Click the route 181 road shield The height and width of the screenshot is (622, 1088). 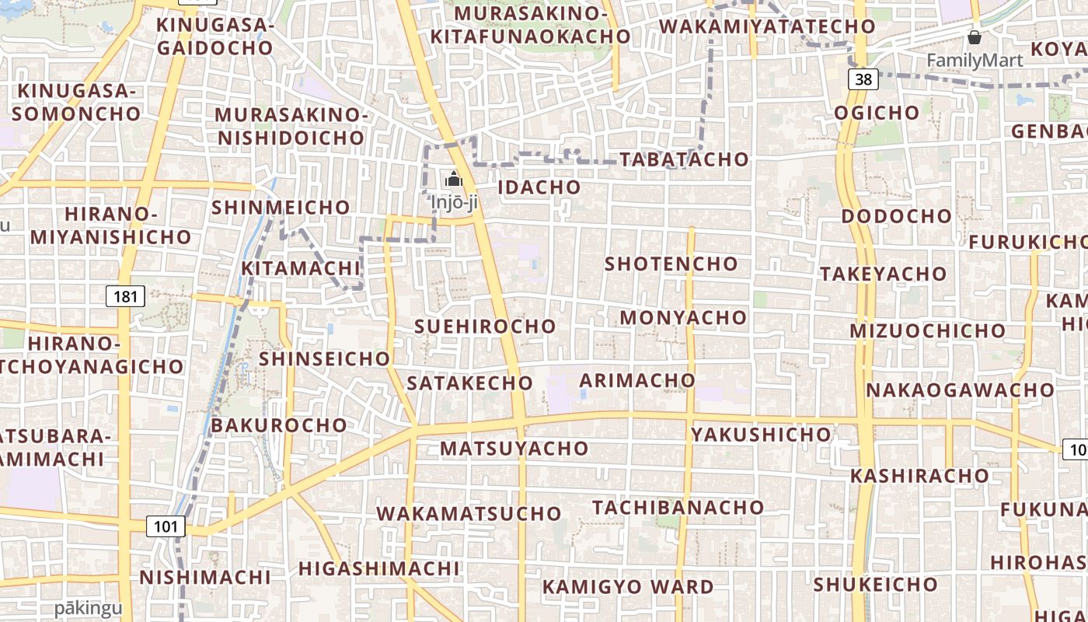125,295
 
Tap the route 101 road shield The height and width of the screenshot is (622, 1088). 166,526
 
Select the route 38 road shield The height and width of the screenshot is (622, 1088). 864,79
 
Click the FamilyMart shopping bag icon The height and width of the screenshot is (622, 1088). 974,37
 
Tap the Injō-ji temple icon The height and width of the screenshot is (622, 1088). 454,180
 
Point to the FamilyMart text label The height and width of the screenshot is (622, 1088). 975,60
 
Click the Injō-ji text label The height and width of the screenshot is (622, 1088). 454,202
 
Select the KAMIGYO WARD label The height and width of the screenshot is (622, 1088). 628,587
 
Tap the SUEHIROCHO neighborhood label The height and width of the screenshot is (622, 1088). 485,327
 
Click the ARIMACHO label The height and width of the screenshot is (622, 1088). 637,380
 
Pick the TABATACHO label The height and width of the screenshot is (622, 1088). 684,159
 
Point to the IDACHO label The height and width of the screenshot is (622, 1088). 539,187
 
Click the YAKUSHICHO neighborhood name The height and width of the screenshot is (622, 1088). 761,435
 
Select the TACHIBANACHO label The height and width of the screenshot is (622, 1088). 678,508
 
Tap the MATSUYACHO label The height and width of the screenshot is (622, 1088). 514,449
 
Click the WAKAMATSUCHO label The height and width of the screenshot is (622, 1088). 469,514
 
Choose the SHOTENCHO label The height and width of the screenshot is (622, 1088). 671,264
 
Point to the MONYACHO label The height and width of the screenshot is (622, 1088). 682,318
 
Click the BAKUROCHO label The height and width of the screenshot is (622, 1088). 278,425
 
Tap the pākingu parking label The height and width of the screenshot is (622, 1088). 89,608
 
